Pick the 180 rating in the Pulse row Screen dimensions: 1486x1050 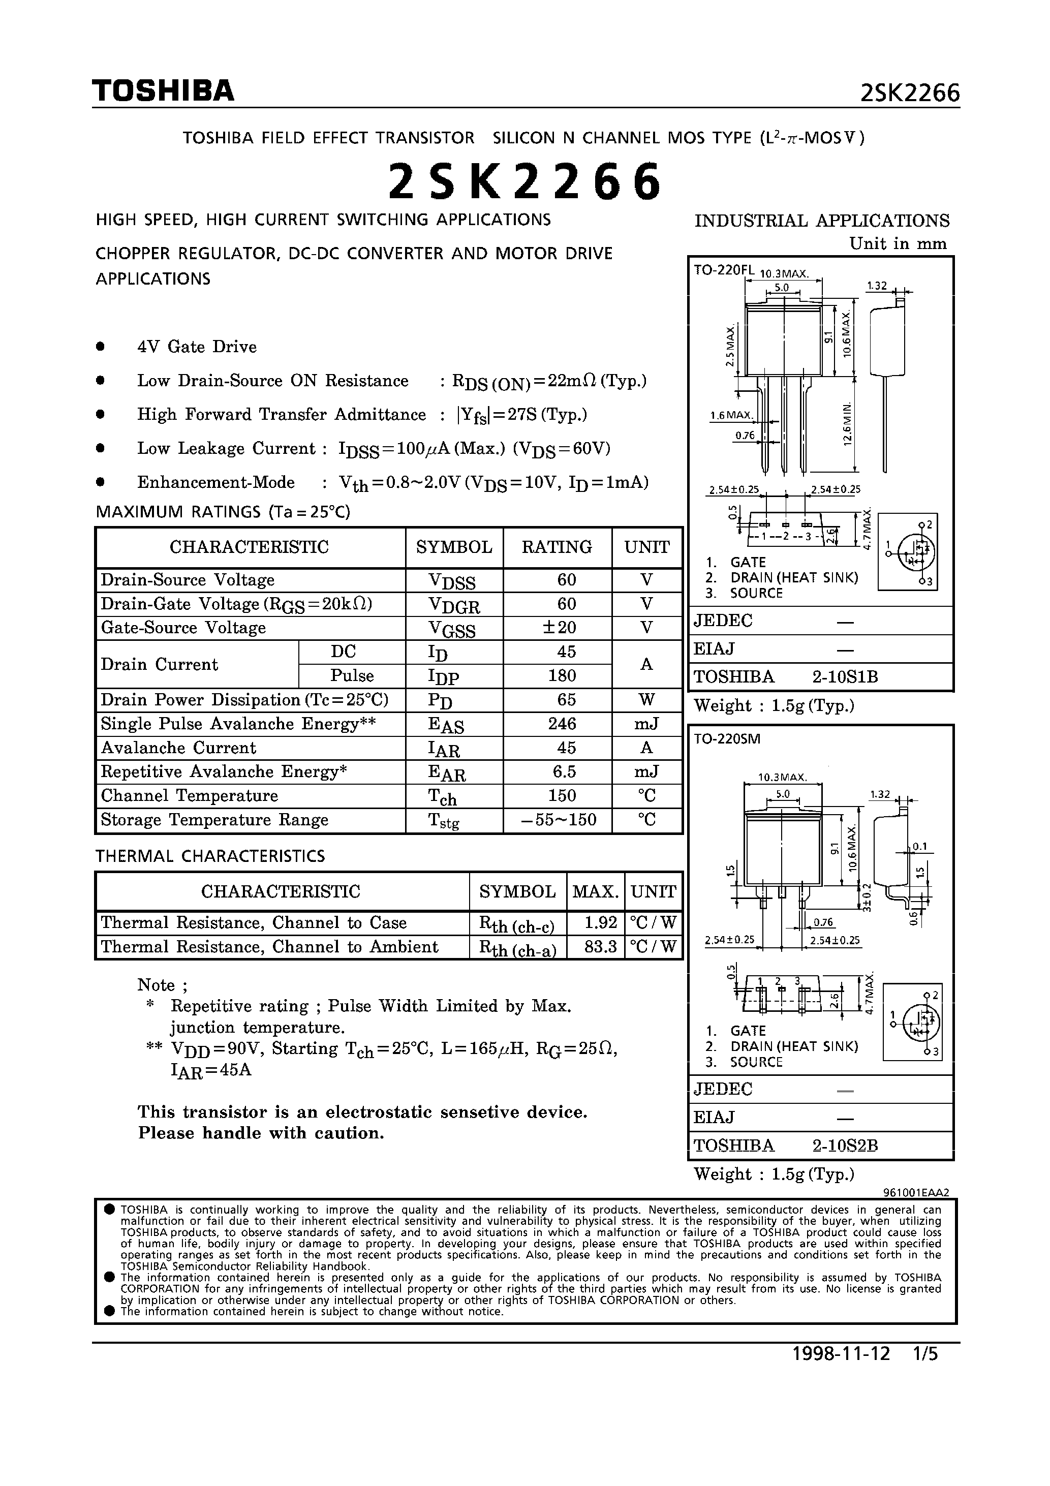(x=562, y=676)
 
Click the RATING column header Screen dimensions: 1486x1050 (x=557, y=547)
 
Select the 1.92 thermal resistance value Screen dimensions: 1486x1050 (x=600, y=923)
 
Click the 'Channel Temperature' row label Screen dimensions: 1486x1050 (x=189, y=795)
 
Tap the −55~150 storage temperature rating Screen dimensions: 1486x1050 (x=559, y=820)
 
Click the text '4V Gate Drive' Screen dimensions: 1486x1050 (x=197, y=347)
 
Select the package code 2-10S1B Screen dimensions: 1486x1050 (x=845, y=677)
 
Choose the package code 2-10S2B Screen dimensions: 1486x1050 (x=845, y=1146)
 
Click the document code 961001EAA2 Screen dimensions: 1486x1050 (x=915, y=1192)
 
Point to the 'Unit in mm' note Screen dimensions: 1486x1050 (x=898, y=244)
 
